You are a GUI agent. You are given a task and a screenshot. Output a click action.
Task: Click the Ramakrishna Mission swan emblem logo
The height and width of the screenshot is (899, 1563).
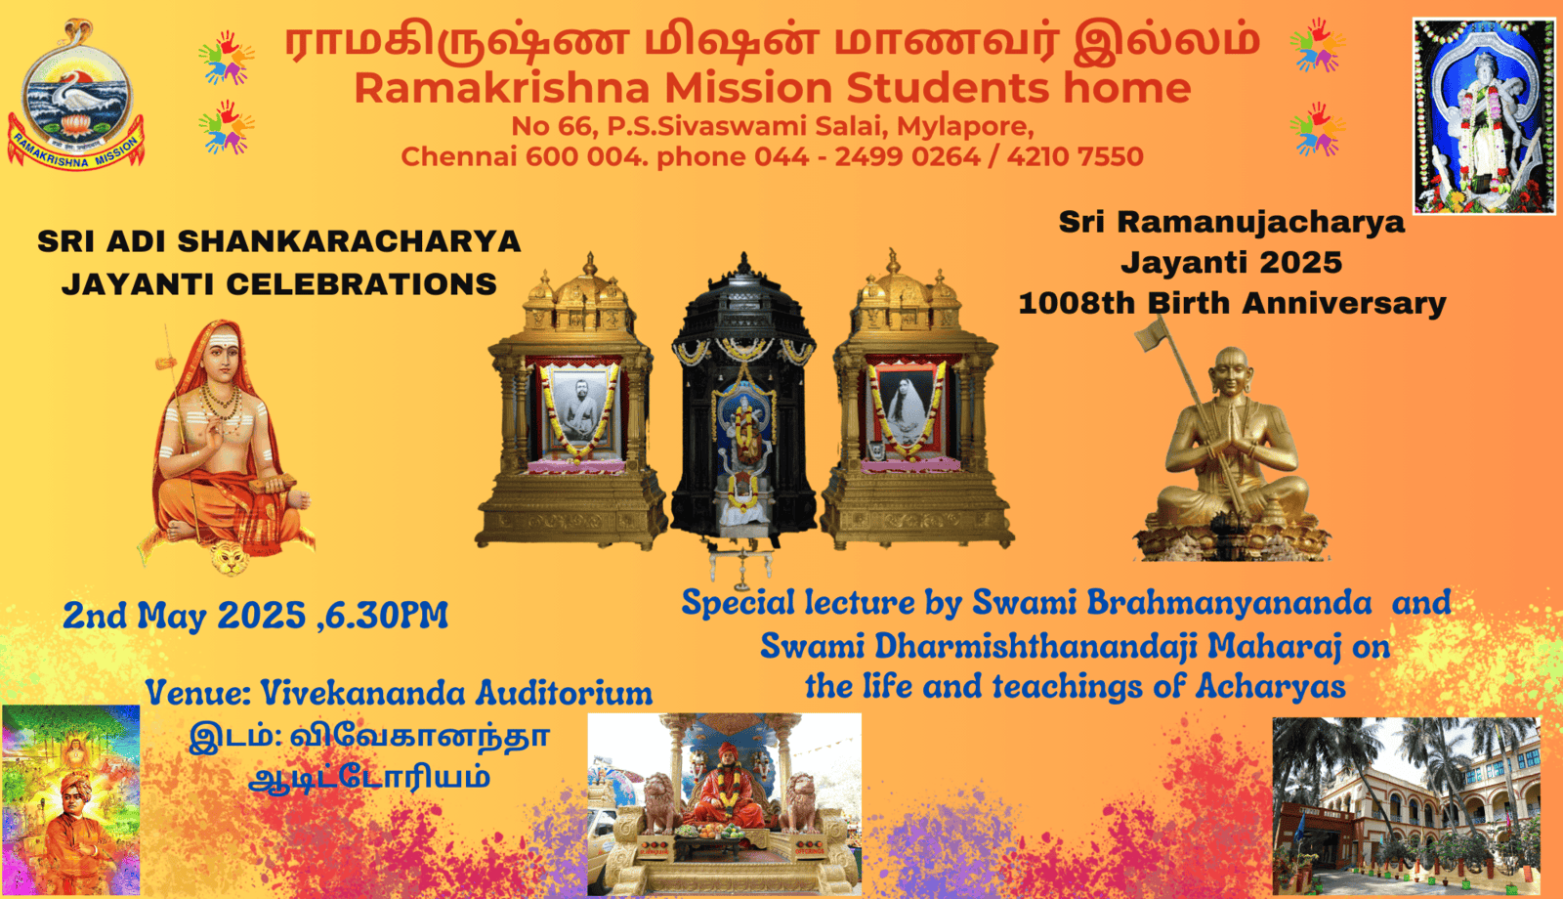coord(75,94)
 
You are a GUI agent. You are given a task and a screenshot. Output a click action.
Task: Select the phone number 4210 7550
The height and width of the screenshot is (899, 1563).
coord(1075,156)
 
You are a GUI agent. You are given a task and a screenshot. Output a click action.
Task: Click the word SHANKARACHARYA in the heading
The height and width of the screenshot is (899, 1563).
coord(349,241)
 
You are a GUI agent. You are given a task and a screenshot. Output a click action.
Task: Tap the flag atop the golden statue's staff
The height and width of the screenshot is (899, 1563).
coord(1151,334)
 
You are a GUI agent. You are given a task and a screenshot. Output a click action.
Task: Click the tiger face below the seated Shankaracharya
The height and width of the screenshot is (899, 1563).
coord(231,558)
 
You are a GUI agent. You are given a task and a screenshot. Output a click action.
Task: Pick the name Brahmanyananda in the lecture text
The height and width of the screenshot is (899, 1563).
coord(1172,603)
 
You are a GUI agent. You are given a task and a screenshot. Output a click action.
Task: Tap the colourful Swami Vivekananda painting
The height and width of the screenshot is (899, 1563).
coord(70,800)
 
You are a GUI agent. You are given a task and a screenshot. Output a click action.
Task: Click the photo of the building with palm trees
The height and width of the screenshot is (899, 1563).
coord(1407,805)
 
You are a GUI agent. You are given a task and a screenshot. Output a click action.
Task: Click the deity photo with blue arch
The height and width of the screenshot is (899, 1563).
coord(1484,116)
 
